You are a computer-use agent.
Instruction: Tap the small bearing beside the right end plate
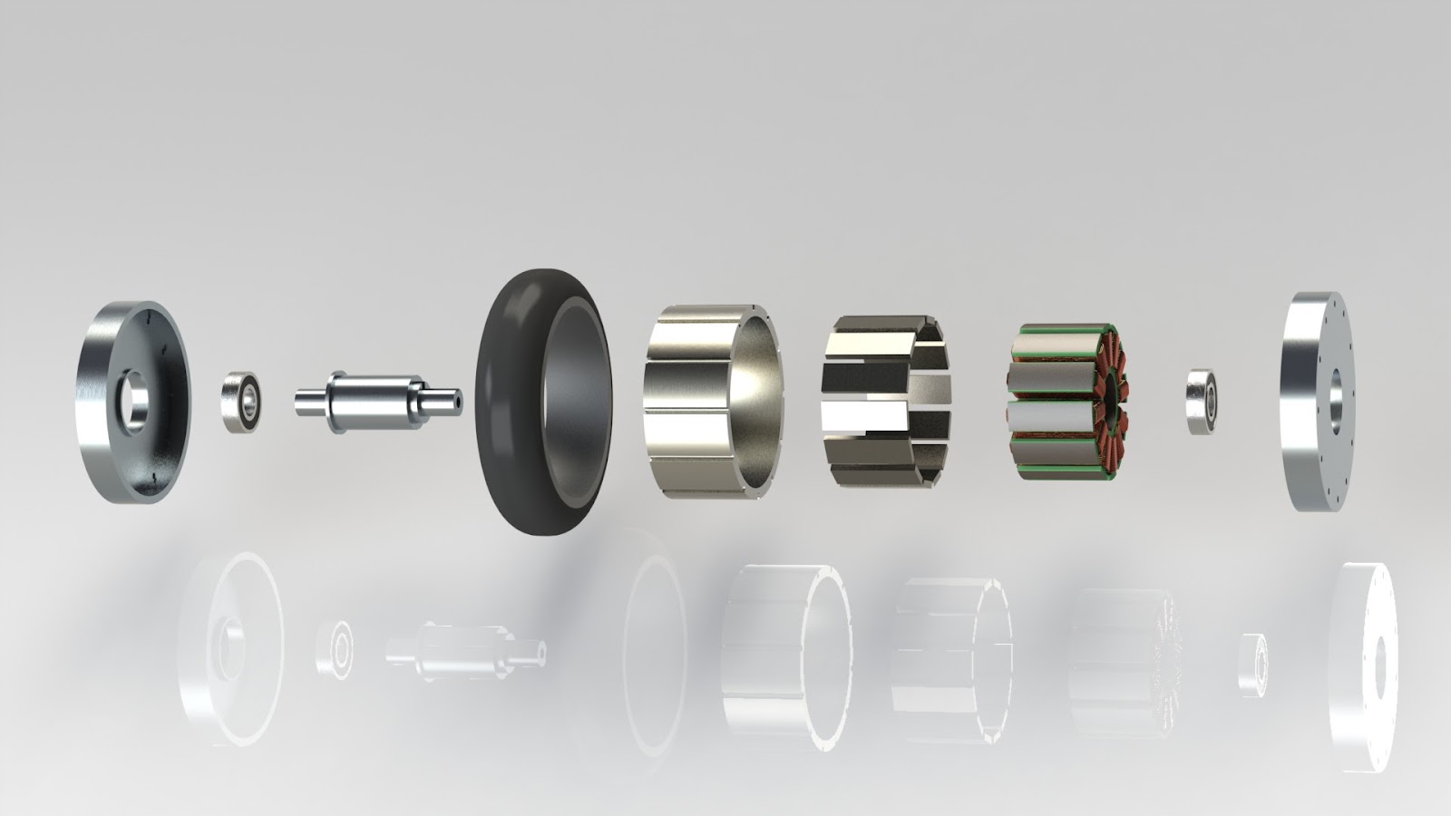point(1201,400)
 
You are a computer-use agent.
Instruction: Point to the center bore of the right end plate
point(1336,400)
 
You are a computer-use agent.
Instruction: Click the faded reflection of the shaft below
point(463,649)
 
